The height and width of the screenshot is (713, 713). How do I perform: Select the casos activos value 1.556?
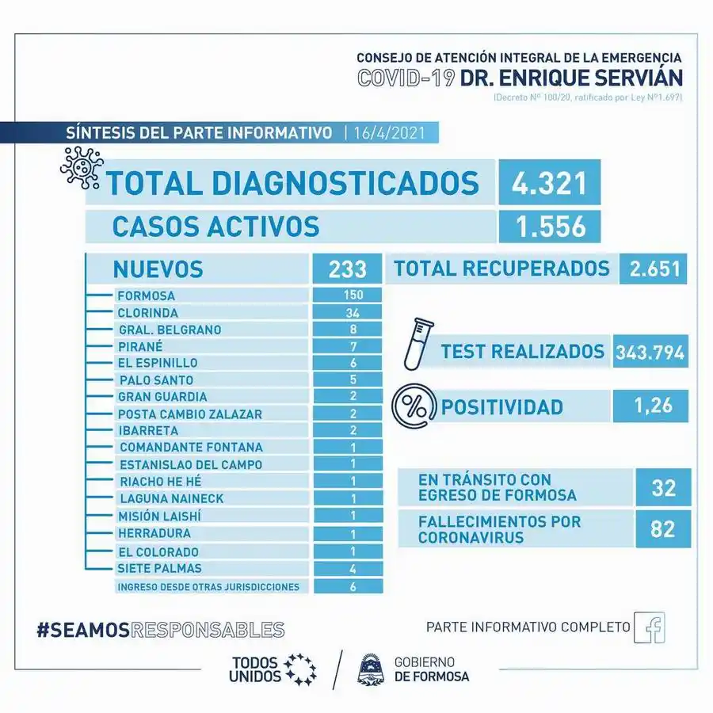[549, 226]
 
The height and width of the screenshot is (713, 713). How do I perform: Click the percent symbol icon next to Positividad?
[414, 407]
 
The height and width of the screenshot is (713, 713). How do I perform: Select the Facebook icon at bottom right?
[650, 627]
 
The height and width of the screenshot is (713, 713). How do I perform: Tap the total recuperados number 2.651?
[654, 269]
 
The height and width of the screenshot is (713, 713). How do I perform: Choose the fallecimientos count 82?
[663, 528]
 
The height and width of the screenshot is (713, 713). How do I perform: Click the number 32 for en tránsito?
[663, 487]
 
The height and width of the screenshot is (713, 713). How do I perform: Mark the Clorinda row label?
[147, 312]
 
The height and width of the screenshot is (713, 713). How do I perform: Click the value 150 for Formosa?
[348, 295]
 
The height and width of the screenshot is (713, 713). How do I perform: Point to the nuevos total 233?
[348, 269]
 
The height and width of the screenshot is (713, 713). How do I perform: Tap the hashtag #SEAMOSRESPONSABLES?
[160, 630]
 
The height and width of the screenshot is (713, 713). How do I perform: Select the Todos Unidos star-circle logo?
[300, 669]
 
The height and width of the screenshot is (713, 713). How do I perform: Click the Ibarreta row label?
[147, 430]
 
